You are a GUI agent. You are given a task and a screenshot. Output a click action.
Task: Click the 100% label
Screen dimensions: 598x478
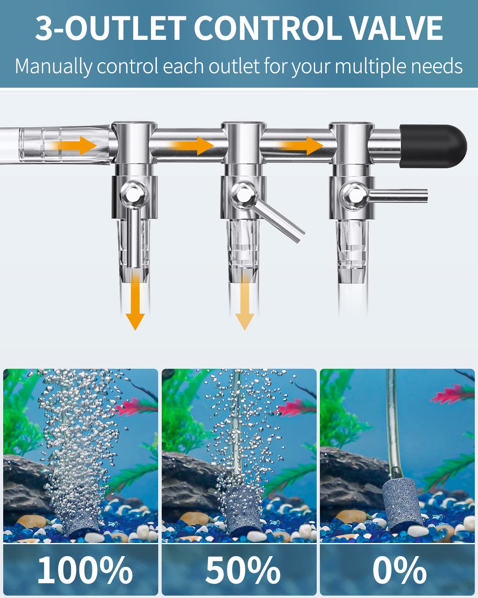pos(85,570)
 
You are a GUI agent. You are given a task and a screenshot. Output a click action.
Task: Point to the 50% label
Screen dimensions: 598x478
pos(243,570)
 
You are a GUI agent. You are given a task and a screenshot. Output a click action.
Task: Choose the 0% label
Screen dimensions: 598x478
pos(400,570)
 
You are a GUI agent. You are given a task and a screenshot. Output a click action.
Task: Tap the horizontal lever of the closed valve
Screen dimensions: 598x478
pos(398,195)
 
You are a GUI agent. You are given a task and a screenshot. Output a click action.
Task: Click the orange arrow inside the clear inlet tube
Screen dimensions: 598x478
pos(76,145)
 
